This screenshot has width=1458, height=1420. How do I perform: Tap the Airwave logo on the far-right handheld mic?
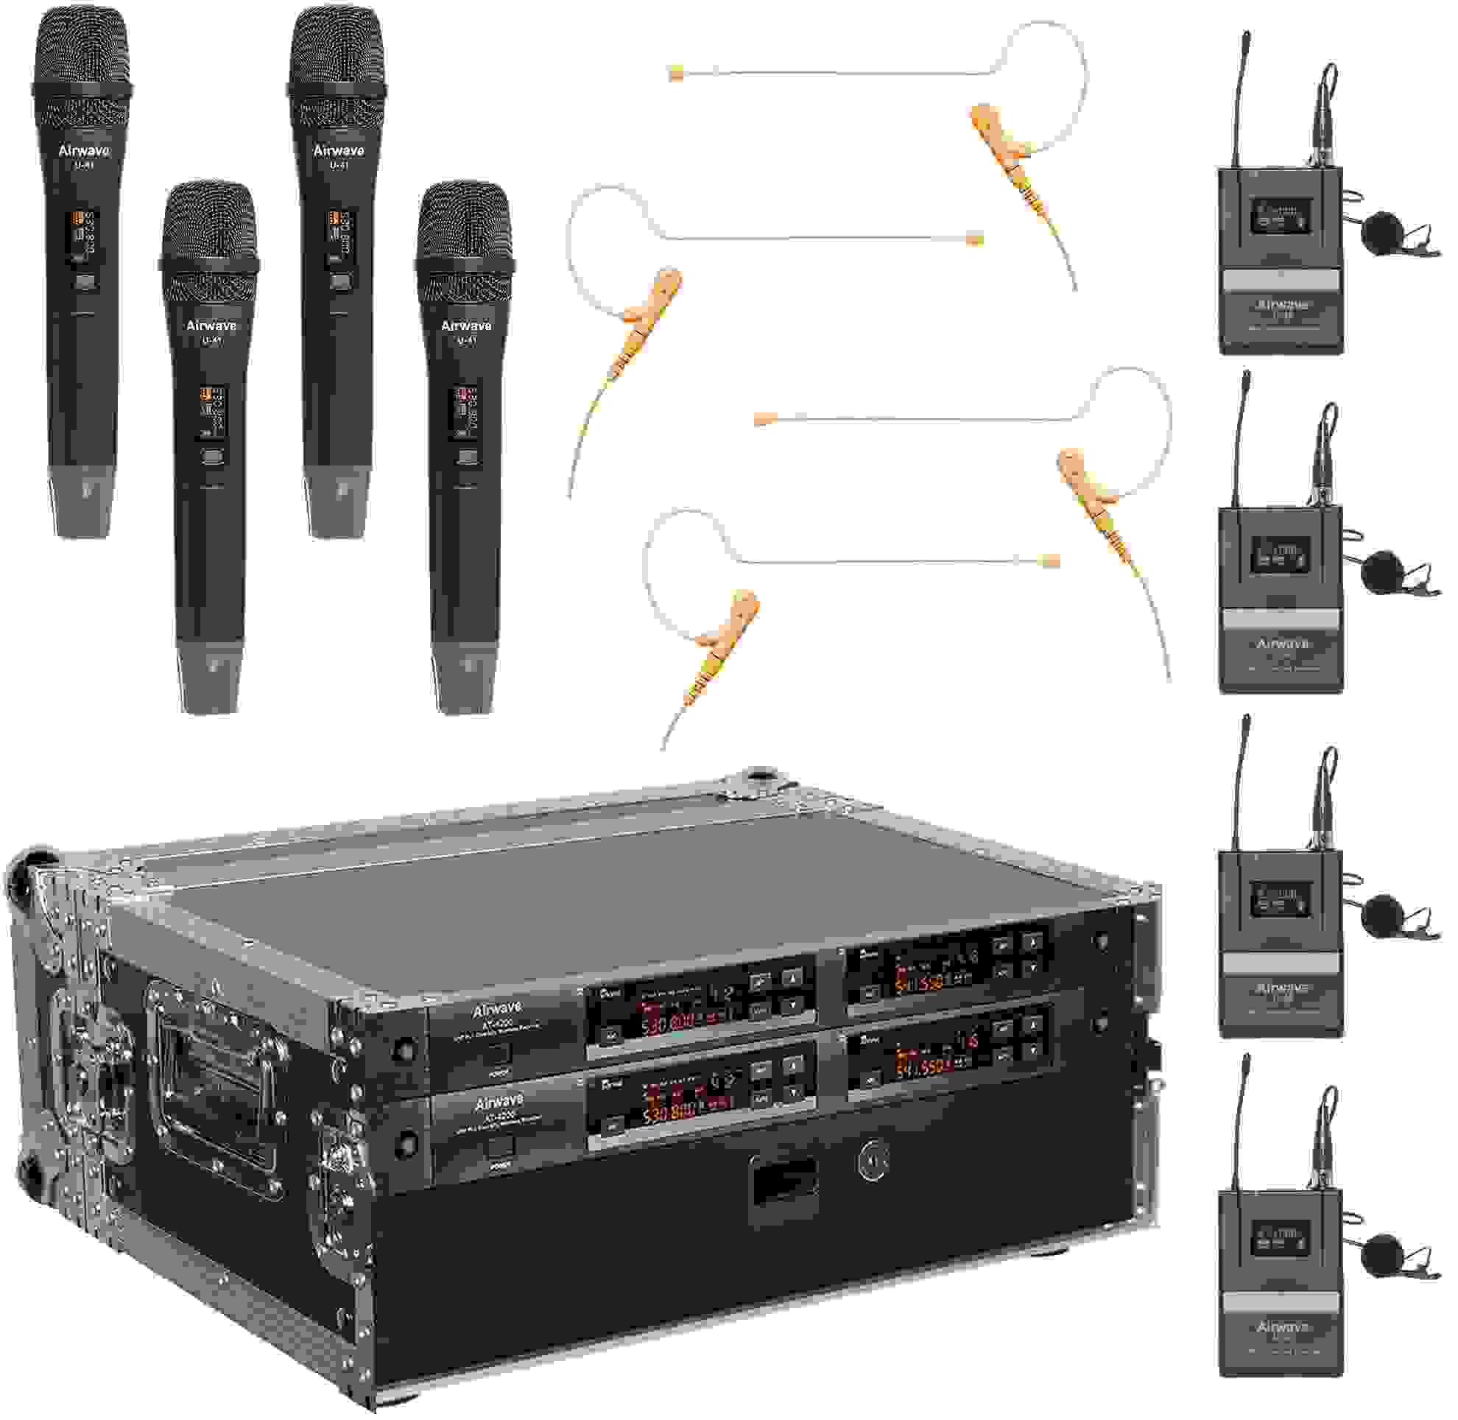[x=465, y=326]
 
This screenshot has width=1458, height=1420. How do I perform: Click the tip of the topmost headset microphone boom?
[x=676, y=73]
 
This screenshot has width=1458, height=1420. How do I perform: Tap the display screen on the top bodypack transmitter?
[x=1280, y=215]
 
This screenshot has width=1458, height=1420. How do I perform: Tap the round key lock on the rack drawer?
[x=872, y=1161]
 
